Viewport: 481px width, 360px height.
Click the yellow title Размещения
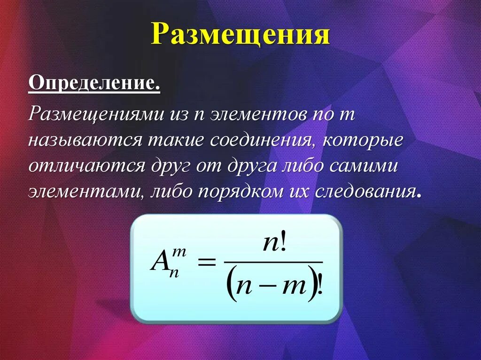pyautogui.click(x=240, y=35)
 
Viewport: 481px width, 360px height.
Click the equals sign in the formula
pyautogui.click(x=206, y=263)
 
